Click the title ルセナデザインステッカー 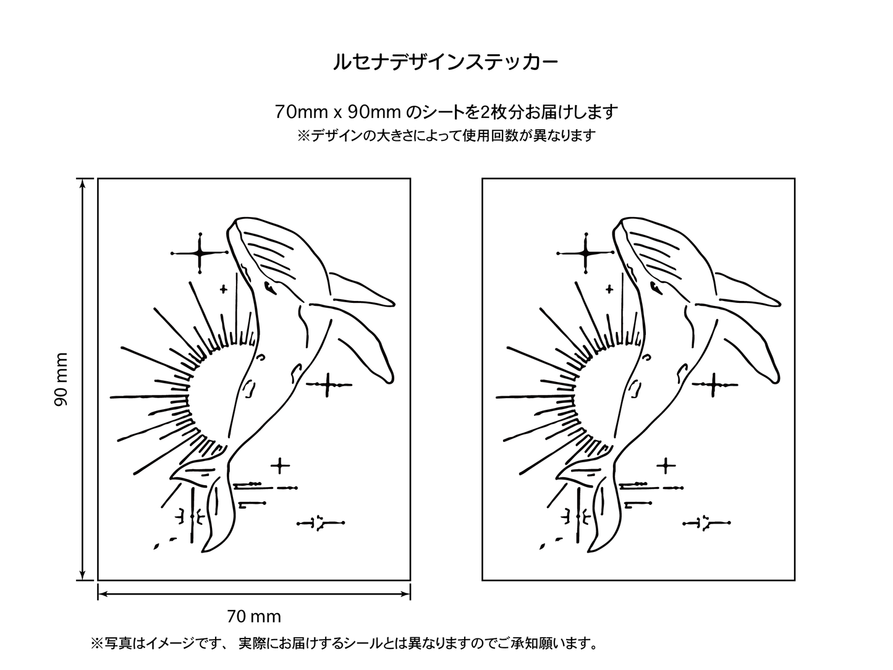point(446,62)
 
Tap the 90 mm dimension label point(61,379)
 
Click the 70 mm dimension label point(254,617)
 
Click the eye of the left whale point(269,287)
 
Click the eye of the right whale point(656,287)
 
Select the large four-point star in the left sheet point(200,253)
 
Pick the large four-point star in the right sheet point(585,253)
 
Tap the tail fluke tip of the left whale point(203,551)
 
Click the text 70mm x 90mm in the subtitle point(338,112)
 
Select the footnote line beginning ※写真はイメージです point(344,643)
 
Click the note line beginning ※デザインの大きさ point(446,135)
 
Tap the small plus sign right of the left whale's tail point(280,466)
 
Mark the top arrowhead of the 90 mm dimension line point(83,183)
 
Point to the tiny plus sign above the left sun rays point(223,289)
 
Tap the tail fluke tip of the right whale point(589,551)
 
